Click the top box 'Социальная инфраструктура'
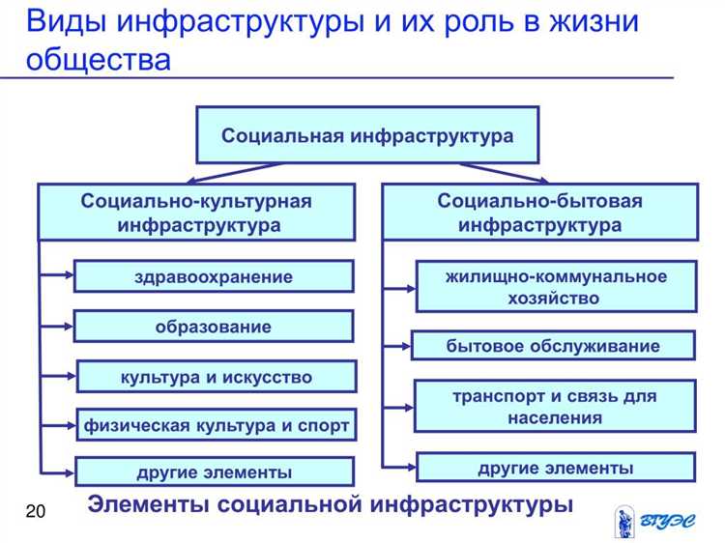coord(367,135)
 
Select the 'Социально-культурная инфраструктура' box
coord(196,213)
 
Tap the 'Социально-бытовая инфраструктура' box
coord(539,213)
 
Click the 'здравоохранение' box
coord(214,276)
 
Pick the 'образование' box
coord(214,327)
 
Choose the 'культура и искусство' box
coord(216,377)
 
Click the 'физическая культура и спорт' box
coord(216,425)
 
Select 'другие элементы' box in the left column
coord(214,472)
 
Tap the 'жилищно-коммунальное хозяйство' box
coord(555,287)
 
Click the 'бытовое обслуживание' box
coord(553,346)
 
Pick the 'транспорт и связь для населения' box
coord(555,407)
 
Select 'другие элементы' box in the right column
coord(555,469)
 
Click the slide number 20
coord(36,511)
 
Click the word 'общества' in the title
coord(99,60)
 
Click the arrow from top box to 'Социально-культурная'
coord(232,173)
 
